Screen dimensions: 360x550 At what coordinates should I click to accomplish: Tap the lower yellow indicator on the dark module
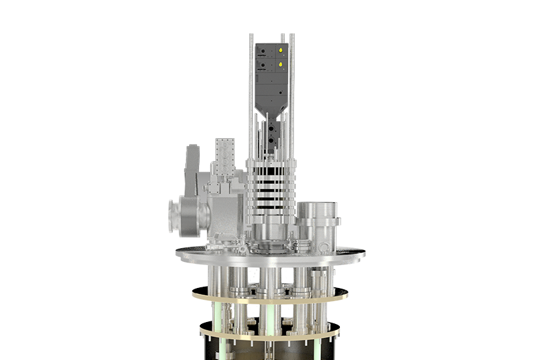click(280, 65)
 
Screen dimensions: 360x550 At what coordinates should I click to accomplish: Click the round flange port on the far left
click(175, 218)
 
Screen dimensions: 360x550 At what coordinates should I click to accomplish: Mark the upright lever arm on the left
click(192, 171)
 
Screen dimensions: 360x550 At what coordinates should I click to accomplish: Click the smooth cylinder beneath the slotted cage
click(270, 229)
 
